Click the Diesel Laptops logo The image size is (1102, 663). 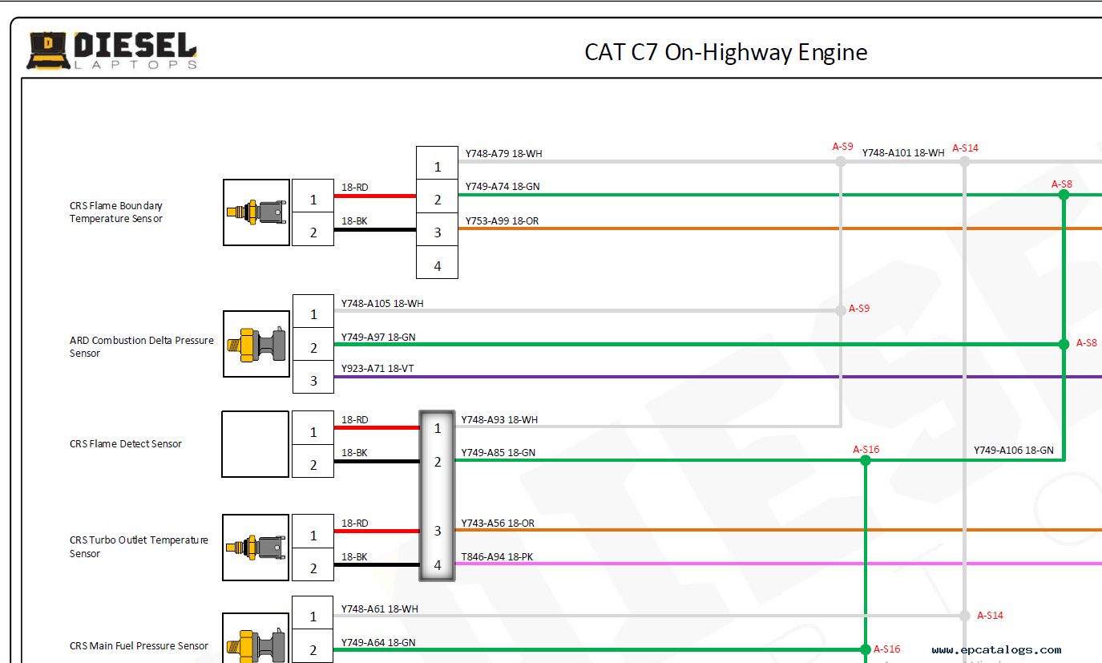[112, 51]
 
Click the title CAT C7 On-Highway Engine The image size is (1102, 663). [725, 53]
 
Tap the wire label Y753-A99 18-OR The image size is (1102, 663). [503, 220]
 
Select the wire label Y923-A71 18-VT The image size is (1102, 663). [377, 369]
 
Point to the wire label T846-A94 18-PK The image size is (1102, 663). [497, 556]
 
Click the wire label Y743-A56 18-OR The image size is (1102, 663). [498, 524]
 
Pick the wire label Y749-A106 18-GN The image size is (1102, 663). [1013, 451]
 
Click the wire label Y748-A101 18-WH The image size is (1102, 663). [902, 152]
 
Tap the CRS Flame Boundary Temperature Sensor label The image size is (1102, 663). [116, 212]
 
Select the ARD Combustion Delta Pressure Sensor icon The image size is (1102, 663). [256, 344]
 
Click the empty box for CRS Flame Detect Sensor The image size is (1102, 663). [255, 444]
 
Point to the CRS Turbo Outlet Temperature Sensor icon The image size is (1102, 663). [256, 548]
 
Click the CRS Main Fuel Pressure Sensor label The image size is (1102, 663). [139, 646]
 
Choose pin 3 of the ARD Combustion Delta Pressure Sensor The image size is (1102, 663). [313, 381]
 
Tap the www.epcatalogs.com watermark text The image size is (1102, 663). [996, 650]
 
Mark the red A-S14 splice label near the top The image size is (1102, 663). [965, 148]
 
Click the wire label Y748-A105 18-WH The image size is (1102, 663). [382, 304]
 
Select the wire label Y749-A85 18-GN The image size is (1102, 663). [498, 453]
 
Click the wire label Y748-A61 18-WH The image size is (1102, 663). [379, 609]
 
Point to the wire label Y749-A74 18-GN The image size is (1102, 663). [503, 187]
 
